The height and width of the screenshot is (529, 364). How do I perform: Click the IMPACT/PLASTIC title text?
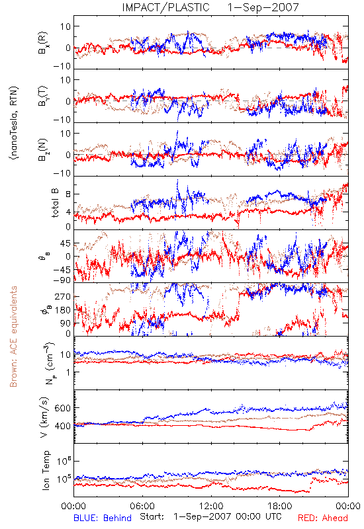(166, 7)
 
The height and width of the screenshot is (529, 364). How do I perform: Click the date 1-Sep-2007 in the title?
(263, 7)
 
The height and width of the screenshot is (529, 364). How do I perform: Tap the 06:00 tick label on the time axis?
(142, 506)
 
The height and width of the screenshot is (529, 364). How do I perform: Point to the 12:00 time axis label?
(211, 506)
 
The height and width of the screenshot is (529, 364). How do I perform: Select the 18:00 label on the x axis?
(280, 506)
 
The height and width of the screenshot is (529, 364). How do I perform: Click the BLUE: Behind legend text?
(103, 518)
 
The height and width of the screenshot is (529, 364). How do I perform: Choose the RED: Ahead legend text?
(322, 518)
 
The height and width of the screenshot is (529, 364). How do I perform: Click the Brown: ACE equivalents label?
(13, 337)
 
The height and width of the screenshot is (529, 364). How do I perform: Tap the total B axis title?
(55, 203)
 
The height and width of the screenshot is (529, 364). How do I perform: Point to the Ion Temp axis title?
(46, 470)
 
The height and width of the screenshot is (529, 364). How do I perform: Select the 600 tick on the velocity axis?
(63, 408)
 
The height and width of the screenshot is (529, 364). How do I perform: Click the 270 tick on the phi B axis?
(63, 297)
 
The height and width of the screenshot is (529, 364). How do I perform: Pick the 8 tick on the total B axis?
(68, 194)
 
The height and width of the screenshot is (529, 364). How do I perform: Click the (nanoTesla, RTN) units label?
(14, 123)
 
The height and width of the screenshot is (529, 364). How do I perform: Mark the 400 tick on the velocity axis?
(63, 426)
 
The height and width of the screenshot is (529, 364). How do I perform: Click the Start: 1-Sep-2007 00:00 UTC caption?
(210, 516)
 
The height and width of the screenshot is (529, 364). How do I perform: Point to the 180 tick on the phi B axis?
(63, 310)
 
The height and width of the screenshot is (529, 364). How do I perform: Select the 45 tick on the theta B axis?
(66, 243)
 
